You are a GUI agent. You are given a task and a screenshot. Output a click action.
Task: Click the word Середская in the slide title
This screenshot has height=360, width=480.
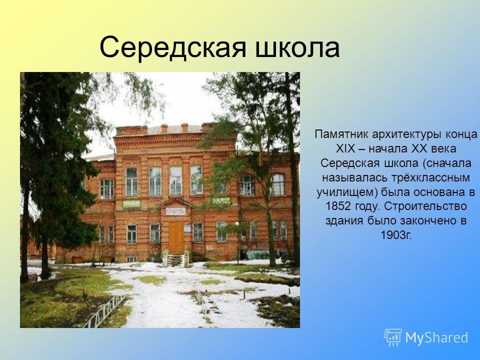coord(173,48)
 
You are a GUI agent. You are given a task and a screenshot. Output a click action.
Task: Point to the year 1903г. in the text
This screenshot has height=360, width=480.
coord(396,235)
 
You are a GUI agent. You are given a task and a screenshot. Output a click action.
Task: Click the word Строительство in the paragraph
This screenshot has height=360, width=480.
coord(425,206)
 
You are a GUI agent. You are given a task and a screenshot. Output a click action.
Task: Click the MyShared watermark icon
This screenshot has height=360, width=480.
coord(393,337)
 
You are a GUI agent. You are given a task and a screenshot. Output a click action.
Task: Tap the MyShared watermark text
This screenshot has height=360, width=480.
coord(437,337)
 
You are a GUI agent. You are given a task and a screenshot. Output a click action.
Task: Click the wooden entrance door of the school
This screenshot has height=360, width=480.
coord(176,238)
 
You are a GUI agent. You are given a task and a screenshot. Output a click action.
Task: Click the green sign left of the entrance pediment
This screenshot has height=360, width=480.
coord(131,204)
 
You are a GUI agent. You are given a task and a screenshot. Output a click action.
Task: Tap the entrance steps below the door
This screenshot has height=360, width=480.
coord(175,260)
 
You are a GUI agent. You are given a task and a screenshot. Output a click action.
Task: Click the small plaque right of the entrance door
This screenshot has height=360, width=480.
coord(187,228)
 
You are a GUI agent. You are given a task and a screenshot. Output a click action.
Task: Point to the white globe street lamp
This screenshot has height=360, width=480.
coord(237,224)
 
